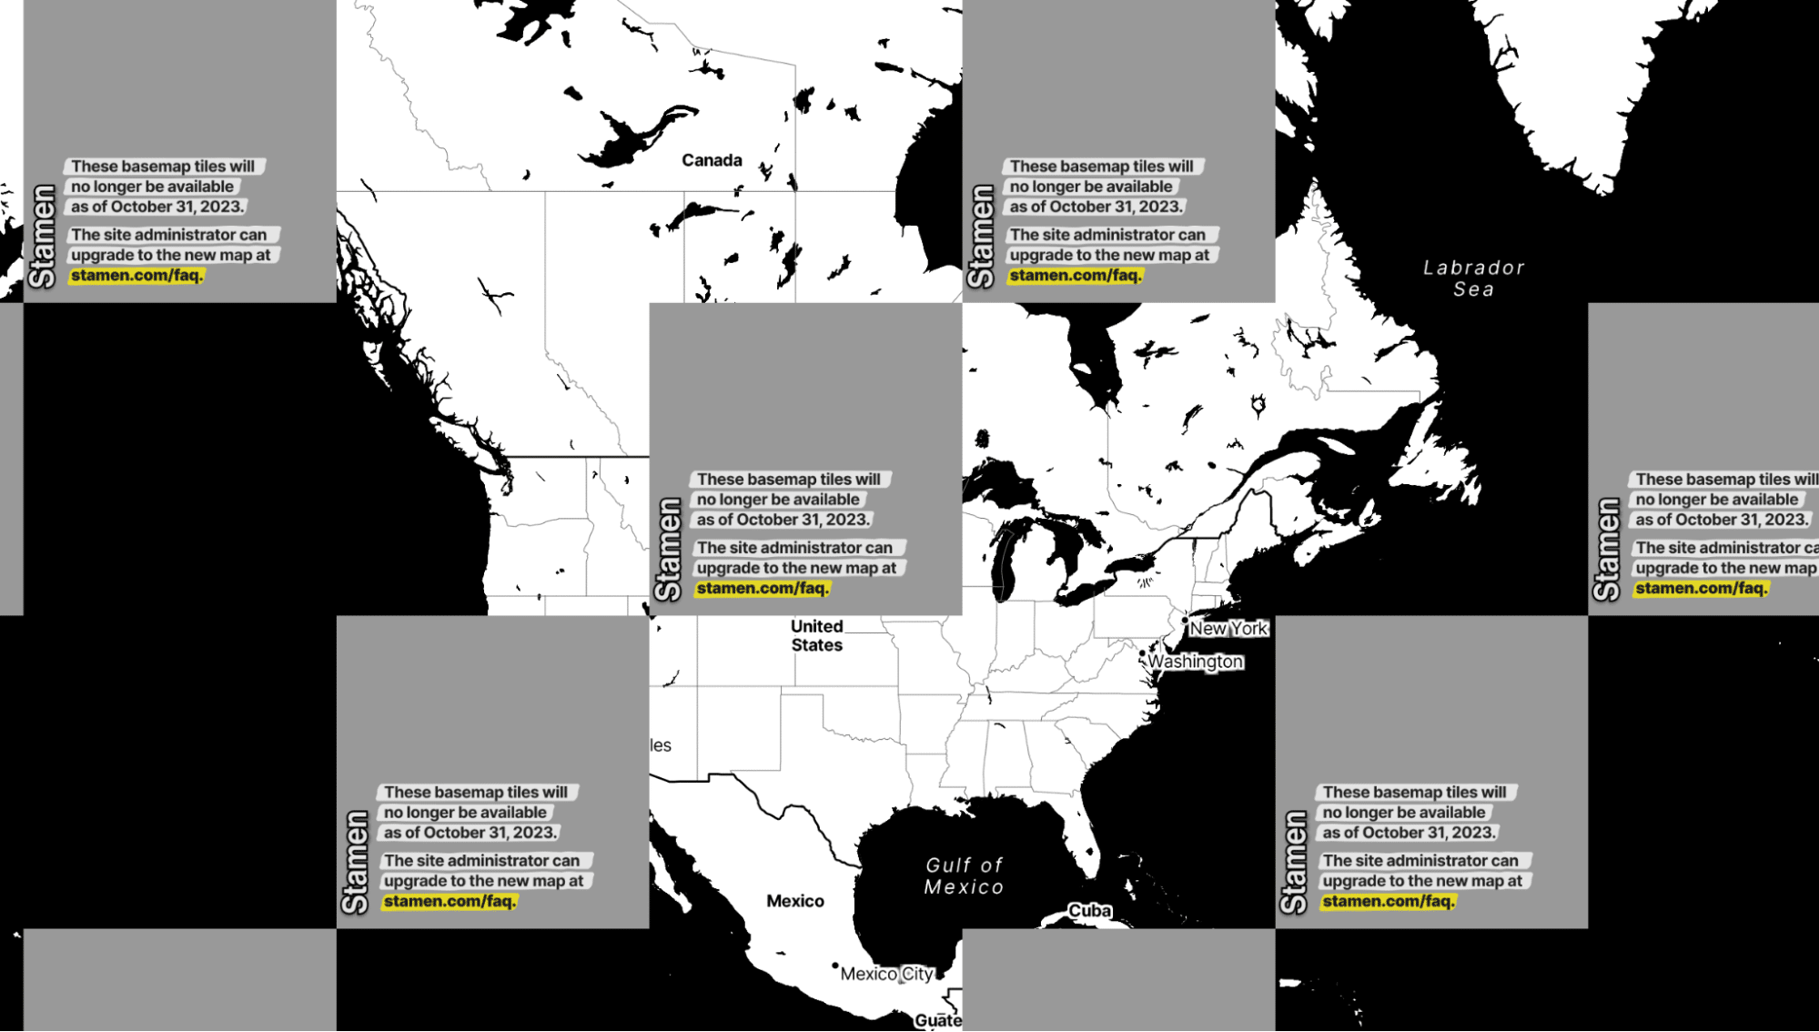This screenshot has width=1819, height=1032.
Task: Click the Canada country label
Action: (x=712, y=161)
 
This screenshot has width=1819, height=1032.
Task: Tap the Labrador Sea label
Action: (x=1473, y=278)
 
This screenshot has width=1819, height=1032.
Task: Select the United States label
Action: (x=816, y=636)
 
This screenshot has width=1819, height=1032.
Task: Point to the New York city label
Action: (x=1228, y=629)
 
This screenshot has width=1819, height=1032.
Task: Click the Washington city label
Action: (x=1195, y=662)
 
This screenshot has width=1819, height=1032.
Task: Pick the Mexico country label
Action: (x=794, y=901)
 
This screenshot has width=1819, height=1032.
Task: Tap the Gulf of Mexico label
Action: (x=965, y=876)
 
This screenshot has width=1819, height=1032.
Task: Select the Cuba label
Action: (x=1089, y=911)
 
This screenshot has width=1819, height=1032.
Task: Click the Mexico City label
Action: (x=886, y=974)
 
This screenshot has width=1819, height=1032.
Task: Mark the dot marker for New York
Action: (x=1185, y=621)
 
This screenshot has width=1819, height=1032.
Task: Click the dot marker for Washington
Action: (x=1142, y=653)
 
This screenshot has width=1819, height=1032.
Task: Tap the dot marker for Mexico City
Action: (x=835, y=966)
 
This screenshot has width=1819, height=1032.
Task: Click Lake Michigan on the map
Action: (x=1005, y=564)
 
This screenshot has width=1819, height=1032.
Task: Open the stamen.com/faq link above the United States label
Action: (x=762, y=589)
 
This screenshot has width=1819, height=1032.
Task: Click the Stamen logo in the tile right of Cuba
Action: (x=1293, y=862)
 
